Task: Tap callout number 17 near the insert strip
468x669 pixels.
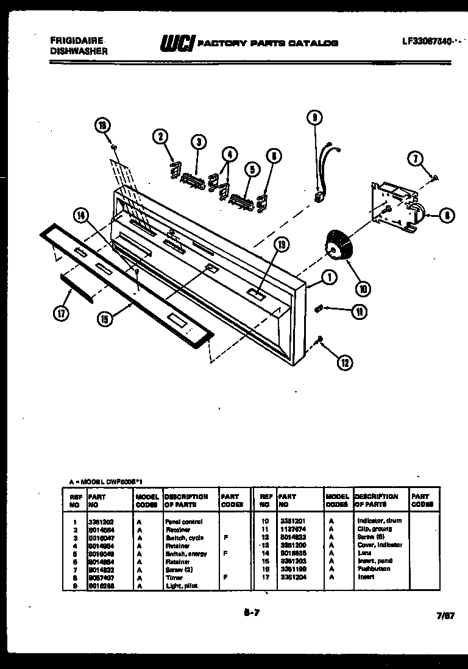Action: (x=60, y=313)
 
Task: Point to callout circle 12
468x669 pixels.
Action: (x=344, y=363)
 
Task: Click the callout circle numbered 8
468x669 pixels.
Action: (x=447, y=214)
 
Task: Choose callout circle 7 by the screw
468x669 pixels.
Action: (x=416, y=160)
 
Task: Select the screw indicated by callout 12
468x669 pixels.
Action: (x=321, y=339)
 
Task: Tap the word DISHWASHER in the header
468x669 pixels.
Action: (x=79, y=52)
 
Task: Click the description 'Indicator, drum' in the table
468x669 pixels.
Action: (x=379, y=522)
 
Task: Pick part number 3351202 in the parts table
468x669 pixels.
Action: (x=100, y=522)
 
